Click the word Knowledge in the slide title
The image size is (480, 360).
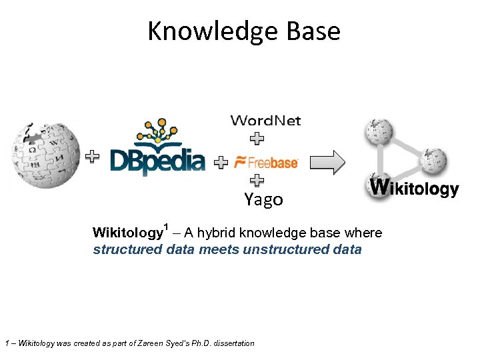[211, 31]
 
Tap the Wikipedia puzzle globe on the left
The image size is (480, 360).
[42, 155]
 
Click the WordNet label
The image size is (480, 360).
[265, 121]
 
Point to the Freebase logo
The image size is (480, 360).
[266, 163]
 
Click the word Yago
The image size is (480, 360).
[263, 199]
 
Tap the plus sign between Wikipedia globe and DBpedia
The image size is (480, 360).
[93, 157]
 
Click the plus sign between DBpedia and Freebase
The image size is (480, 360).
[221, 163]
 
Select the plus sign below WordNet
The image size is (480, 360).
[256, 139]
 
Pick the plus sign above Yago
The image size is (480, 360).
[256, 181]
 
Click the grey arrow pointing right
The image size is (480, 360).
[327, 162]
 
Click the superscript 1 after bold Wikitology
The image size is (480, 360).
[166, 227]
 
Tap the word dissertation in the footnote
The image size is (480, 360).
[233, 343]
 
